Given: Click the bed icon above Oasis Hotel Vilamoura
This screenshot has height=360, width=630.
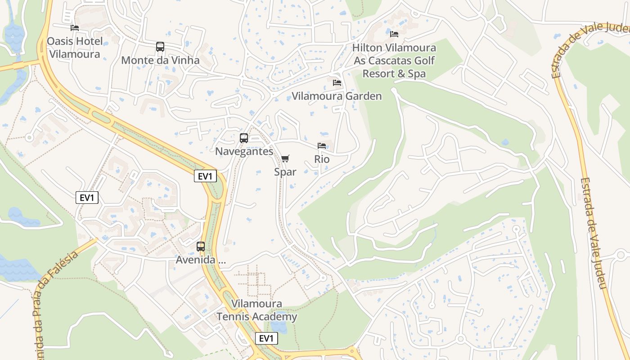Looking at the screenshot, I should point(75,28).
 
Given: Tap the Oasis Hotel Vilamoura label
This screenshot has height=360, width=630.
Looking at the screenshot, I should point(75,48).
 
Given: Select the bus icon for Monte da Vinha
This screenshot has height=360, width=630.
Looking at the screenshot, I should point(160,47).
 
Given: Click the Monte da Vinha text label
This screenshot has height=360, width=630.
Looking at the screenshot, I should point(160,60).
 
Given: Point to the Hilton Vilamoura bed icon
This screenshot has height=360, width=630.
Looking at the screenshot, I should point(394,34).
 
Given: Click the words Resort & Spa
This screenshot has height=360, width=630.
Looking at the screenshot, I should point(394,73).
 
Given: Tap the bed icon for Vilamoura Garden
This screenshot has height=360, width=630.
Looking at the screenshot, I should point(337,83).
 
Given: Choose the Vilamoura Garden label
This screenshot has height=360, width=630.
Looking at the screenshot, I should point(337,96).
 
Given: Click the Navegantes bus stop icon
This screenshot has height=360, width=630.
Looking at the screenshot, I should point(244,138).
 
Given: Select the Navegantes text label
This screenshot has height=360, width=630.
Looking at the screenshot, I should point(244,151).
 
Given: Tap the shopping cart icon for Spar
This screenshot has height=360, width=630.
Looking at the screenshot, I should point(285,158).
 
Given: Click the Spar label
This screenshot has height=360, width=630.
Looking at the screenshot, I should point(285,172).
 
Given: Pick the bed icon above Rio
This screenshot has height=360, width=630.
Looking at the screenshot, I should point(322,146).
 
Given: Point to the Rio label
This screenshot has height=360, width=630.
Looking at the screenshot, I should point(322,159).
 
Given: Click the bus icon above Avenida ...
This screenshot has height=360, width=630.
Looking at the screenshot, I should point(201,247).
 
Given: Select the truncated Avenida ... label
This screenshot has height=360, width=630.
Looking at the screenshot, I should point(201,260).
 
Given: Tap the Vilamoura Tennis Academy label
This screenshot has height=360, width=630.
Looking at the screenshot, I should point(257,310).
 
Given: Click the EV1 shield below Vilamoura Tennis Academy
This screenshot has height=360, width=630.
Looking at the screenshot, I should point(266,338).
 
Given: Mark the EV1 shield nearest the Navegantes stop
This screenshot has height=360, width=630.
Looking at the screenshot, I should point(205,176).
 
